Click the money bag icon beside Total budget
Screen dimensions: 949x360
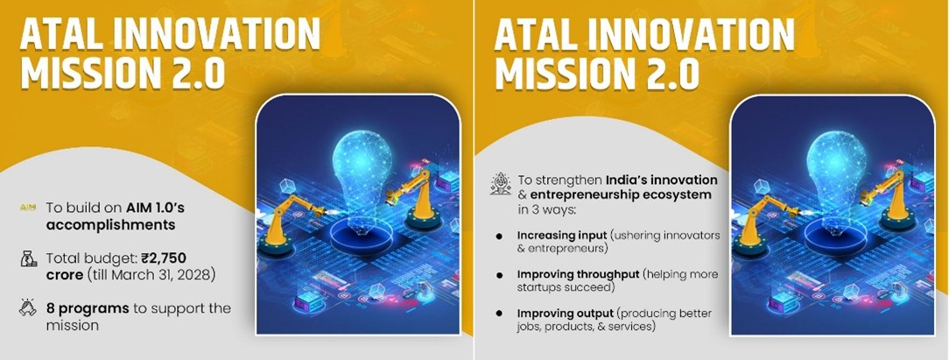tap(28, 259)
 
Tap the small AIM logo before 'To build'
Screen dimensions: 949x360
tap(28, 208)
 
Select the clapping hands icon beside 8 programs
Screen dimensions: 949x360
tap(28, 308)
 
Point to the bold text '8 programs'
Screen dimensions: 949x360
tap(88, 308)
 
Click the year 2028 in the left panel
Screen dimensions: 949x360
tap(199, 275)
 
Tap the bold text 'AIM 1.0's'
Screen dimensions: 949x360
tap(156, 208)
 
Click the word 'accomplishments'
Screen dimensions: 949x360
tap(111, 225)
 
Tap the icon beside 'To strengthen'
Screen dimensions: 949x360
tap(501, 183)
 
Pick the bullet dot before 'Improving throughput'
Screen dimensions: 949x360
tap(499, 275)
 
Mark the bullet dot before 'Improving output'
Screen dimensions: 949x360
tap(499, 314)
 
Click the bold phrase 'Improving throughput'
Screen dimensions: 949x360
tap(578, 275)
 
